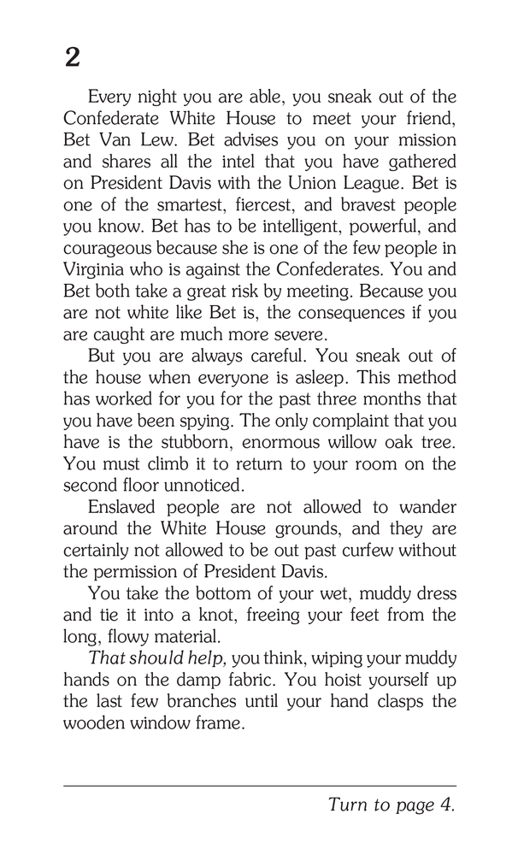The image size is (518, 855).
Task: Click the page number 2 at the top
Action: pyautogui.click(x=73, y=57)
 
